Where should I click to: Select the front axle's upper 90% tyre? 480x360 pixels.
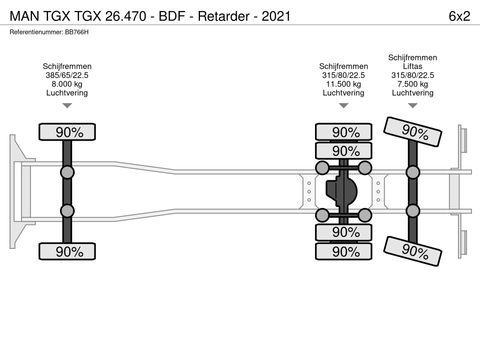point(67,132)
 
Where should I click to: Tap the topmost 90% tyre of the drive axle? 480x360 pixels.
point(345,132)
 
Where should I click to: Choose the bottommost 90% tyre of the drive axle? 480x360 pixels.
point(345,251)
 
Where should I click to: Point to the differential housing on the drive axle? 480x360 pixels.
point(341,191)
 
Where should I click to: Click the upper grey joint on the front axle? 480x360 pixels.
point(67,172)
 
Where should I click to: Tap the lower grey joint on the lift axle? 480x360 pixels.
point(411,210)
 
